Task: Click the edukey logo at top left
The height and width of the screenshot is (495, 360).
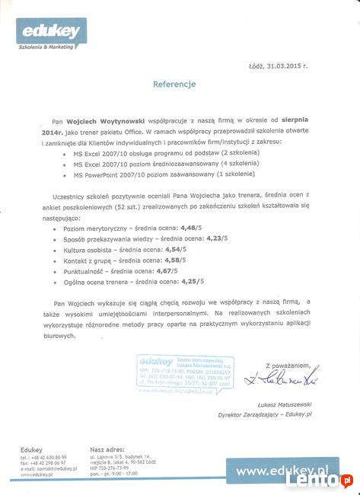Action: [x=47, y=34]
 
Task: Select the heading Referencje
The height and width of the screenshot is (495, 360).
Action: [x=174, y=84]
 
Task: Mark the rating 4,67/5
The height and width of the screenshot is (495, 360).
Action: [x=167, y=270]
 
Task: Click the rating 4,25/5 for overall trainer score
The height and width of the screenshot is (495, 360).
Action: [x=191, y=281]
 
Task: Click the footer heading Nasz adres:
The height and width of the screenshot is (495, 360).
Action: [x=107, y=450]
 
